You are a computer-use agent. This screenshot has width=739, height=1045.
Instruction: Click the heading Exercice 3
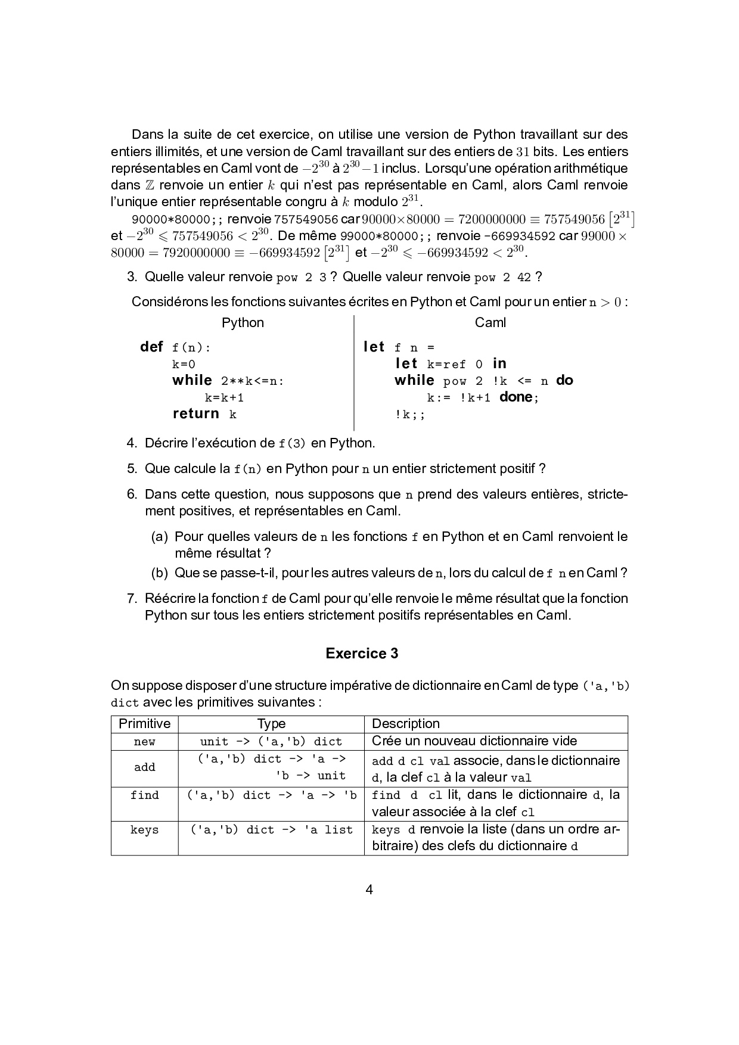pyautogui.click(x=362, y=654)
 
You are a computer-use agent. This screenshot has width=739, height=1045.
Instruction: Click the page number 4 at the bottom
pyautogui.click(x=369, y=890)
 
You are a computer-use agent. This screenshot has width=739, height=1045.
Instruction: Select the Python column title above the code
pyautogui.click(x=243, y=323)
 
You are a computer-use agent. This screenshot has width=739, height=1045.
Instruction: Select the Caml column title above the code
pyautogui.click(x=490, y=323)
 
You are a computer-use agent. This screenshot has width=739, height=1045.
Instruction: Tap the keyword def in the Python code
pyautogui.click(x=151, y=347)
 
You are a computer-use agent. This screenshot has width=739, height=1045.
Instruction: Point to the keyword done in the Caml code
pyautogui.click(x=516, y=397)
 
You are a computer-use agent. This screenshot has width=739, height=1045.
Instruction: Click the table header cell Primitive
pyautogui.click(x=145, y=724)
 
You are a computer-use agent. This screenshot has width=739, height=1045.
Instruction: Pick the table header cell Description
pyautogui.click(x=406, y=724)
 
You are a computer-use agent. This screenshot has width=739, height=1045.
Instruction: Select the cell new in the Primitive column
pyautogui.click(x=145, y=742)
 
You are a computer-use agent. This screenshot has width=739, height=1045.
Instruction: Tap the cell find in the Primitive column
pyautogui.click(x=145, y=795)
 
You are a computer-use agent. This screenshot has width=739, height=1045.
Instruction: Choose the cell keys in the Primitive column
pyautogui.click(x=145, y=830)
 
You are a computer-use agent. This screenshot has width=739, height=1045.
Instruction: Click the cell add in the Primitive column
pyautogui.click(x=145, y=767)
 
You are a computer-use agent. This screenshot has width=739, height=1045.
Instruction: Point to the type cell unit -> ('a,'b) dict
pyautogui.click(x=271, y=742)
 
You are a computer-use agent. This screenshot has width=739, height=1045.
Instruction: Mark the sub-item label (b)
pyautogui.click(x=159, y=573)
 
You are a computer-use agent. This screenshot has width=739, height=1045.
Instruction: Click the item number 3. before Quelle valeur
pyautogui.click(x=132, y=277)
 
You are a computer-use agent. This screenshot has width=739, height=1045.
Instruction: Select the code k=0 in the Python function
pyautogui.click(x=184, y=364)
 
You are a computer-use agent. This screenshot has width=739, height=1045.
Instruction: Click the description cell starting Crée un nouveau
pyautogui.click(x=474, y=741)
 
